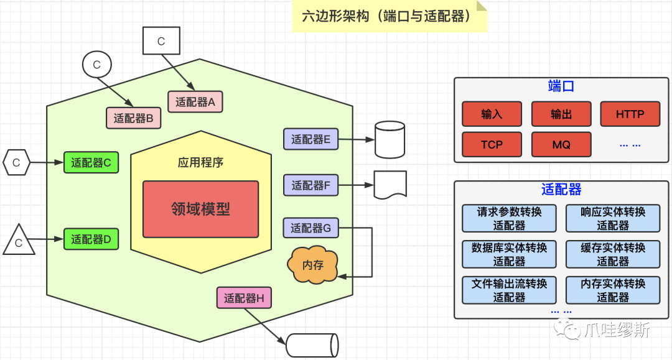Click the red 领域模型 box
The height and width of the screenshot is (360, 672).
click(200, 209)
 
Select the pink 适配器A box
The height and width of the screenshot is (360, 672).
click(195, 102)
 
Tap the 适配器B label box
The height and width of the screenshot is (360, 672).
click(134, 118)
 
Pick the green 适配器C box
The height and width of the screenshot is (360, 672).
click(91, 163)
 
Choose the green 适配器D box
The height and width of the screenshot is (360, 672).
click(91, 239)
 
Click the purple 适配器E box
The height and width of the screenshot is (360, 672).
click(310, 139)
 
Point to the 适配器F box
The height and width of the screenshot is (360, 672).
click(310, 185)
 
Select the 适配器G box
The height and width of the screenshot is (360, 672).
click(310, 228)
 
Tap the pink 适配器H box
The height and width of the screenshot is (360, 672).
click(244, 298)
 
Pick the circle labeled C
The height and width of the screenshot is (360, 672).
click(96, 65)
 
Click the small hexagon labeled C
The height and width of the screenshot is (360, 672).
click(17, 163)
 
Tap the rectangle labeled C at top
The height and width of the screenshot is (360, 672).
click(161, 41)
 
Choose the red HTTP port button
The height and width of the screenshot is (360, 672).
click(630, 114)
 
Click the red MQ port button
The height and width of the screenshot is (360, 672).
click(561, 144)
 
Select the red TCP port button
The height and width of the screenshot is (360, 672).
click(492, 144)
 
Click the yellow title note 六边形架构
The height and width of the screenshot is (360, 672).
click(390, 16)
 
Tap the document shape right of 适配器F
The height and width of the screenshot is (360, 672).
click(390, 185)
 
